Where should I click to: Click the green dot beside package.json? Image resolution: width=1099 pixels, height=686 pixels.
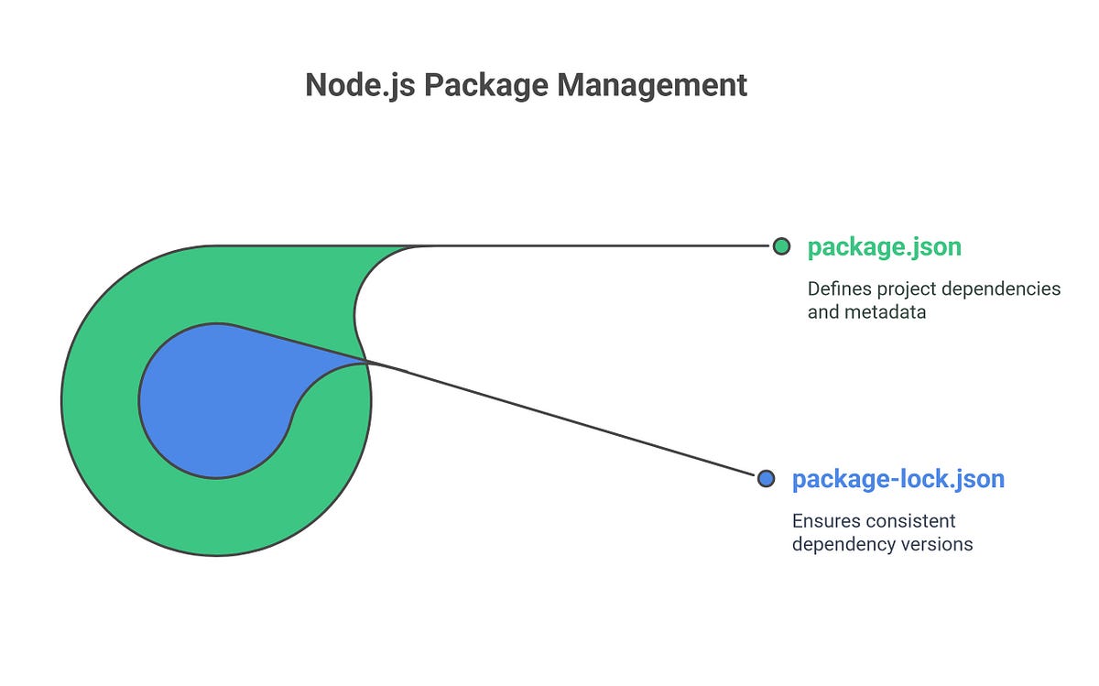[781, 246]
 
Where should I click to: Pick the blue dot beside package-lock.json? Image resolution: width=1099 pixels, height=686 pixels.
[767, 478]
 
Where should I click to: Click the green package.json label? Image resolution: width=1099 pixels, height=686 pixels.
[884, 247]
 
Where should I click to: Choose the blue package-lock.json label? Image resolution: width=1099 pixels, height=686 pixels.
[898, 479]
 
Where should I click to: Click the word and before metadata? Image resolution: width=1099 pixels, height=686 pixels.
[822, 312]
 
